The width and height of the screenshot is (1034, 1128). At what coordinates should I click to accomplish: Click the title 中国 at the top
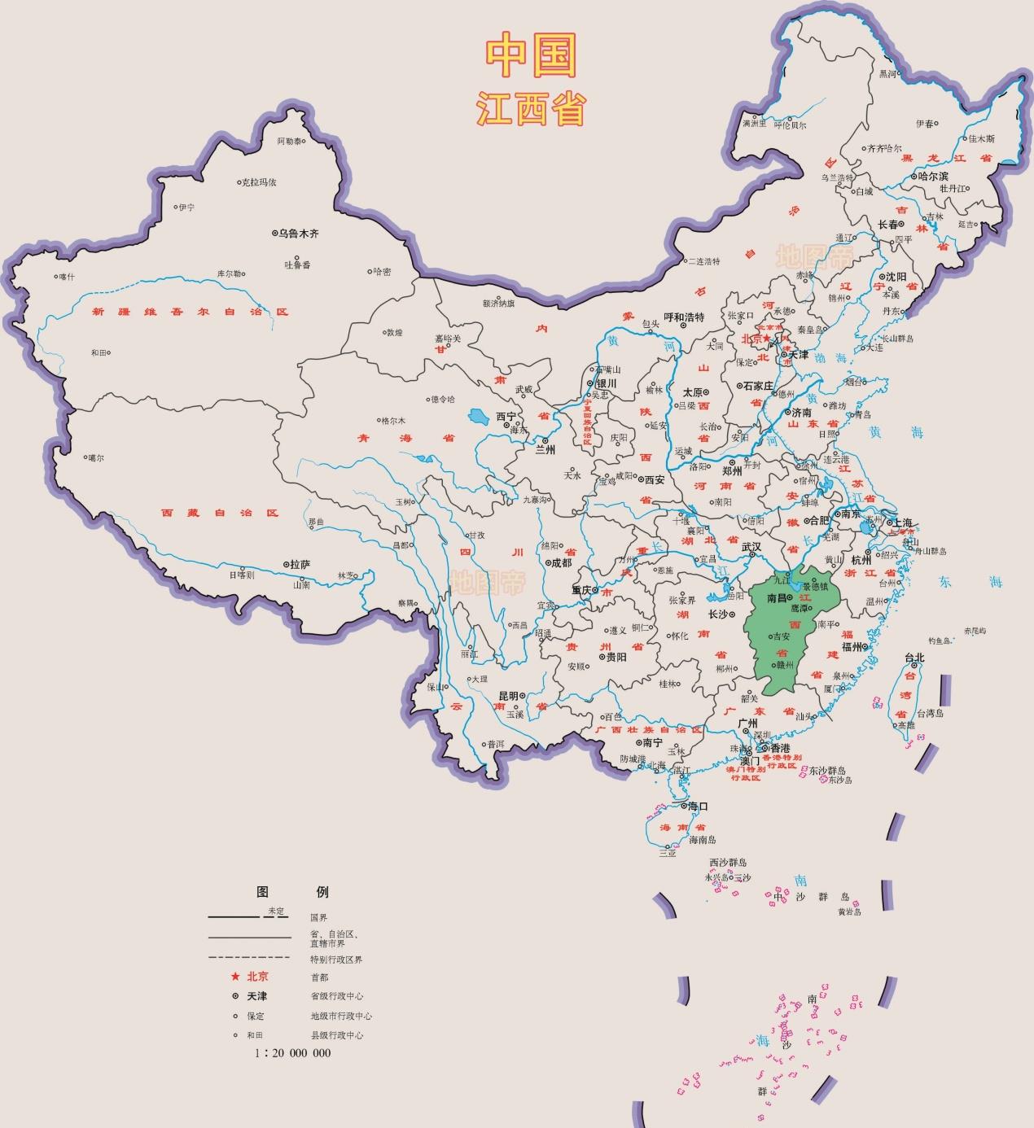(531, 56)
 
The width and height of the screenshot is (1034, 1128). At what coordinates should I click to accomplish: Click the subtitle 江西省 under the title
(531, 108)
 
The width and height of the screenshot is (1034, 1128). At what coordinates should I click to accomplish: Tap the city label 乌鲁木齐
(298, 234)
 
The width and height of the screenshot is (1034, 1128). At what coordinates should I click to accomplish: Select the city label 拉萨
(300, 564)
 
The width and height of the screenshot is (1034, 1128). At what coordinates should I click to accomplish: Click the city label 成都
(561, 562)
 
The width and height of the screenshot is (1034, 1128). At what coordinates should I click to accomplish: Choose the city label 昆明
(509, 697)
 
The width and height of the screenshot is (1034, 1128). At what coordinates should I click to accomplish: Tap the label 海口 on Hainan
(698, 807)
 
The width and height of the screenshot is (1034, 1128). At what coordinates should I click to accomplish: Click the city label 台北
(914, 658)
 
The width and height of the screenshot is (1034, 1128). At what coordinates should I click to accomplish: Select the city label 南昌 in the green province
(777, 598)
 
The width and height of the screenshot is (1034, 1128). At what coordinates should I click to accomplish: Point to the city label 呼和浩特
(684, 317)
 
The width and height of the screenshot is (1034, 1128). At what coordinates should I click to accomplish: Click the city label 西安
(655, 480)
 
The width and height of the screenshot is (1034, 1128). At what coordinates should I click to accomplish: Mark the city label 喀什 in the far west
(66, 277)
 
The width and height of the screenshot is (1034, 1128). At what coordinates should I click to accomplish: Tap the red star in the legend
(235, 977)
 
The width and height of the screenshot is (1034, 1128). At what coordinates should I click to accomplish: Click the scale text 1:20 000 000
(293, 1052)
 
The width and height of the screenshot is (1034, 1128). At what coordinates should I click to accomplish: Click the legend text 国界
(318, 918)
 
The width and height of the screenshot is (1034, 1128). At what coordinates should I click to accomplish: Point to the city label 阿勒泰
(289, 142)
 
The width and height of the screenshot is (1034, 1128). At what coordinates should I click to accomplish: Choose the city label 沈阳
(896, 277)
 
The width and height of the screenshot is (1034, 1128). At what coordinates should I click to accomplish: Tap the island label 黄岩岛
(849, 912)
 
